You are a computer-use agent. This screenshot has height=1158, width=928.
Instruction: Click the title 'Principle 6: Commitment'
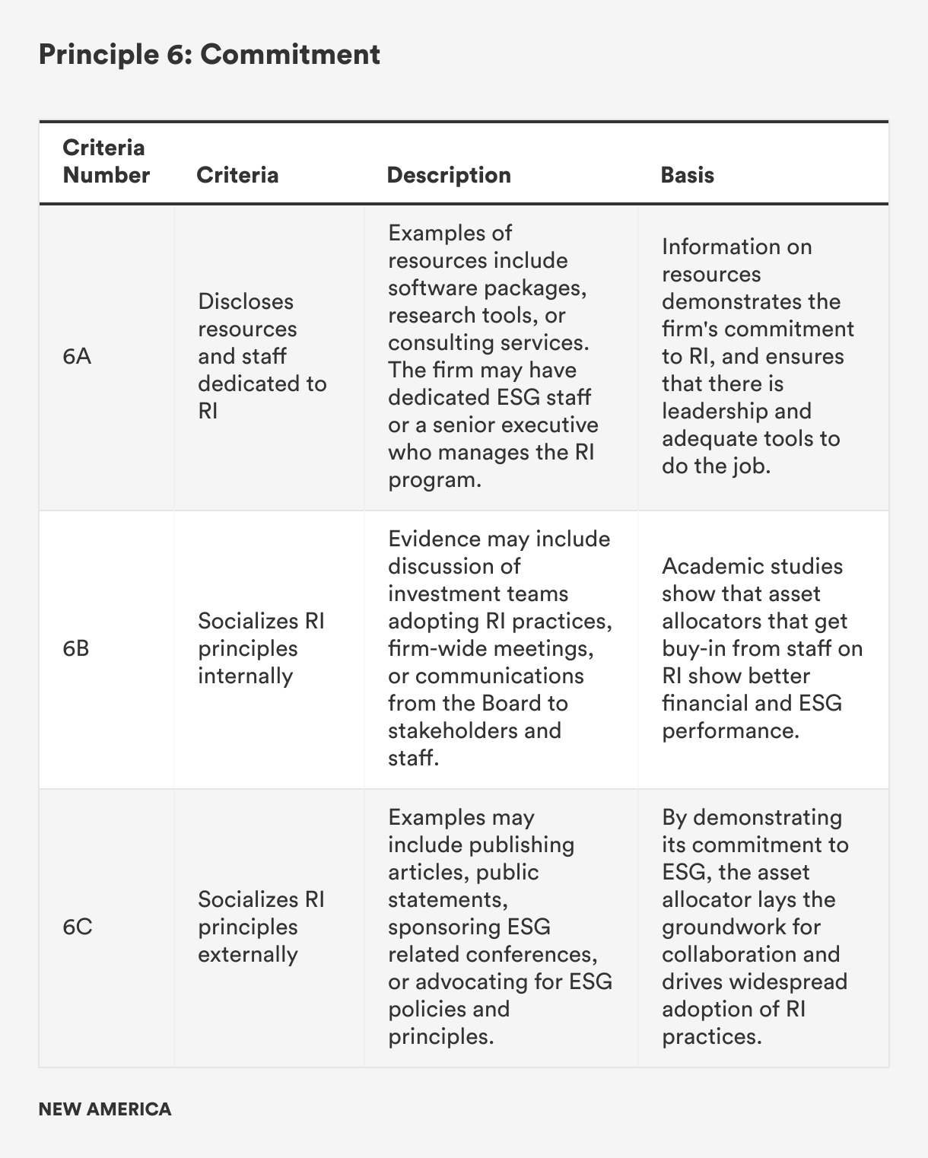tap(209, 55)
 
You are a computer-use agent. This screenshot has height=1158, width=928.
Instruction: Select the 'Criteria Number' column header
tap(106, 161)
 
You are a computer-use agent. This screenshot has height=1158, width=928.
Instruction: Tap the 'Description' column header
tap(449, 175)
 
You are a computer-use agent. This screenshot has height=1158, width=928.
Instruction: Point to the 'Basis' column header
tap(687, 175)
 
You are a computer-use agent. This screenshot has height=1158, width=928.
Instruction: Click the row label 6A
tap(77, 356)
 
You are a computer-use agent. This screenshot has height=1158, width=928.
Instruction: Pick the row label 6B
tap(76, 648)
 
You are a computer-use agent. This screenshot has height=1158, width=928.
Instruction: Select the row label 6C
tap(77, 927)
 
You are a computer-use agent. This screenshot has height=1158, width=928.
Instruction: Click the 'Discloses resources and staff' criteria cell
tap(262, 356)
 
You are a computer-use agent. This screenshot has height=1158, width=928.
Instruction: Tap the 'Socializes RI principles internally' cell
tap(261, 648)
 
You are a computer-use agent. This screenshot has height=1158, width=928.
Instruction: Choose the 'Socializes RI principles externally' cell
tap(261, 927)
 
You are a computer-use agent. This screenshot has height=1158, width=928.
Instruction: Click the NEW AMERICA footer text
tap(105, 1109)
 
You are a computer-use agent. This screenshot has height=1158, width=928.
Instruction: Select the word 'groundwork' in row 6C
tap(741, 927)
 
